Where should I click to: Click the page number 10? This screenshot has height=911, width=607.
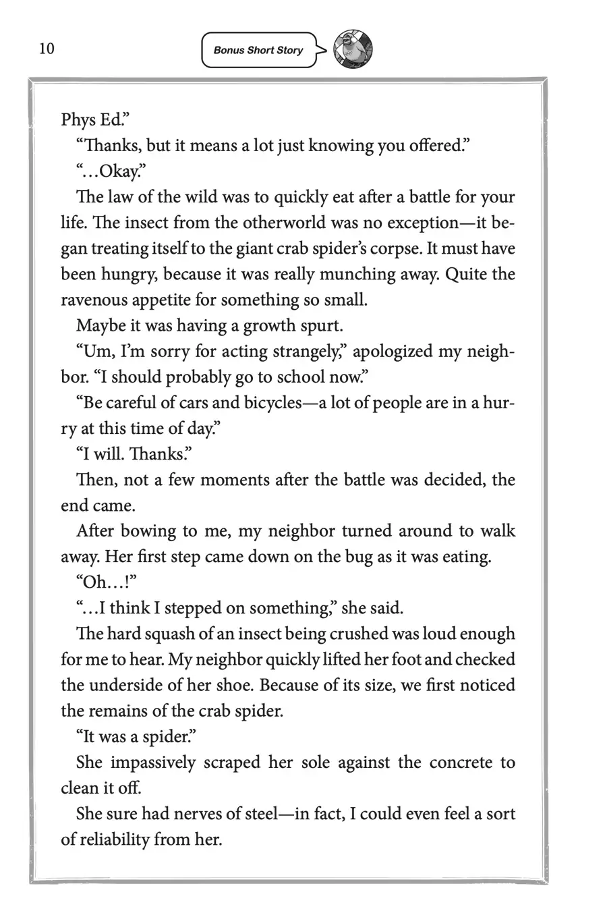coord(47,49)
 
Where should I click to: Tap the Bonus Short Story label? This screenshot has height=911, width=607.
coord(258,50)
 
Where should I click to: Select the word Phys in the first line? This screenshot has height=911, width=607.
coord(78,120)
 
